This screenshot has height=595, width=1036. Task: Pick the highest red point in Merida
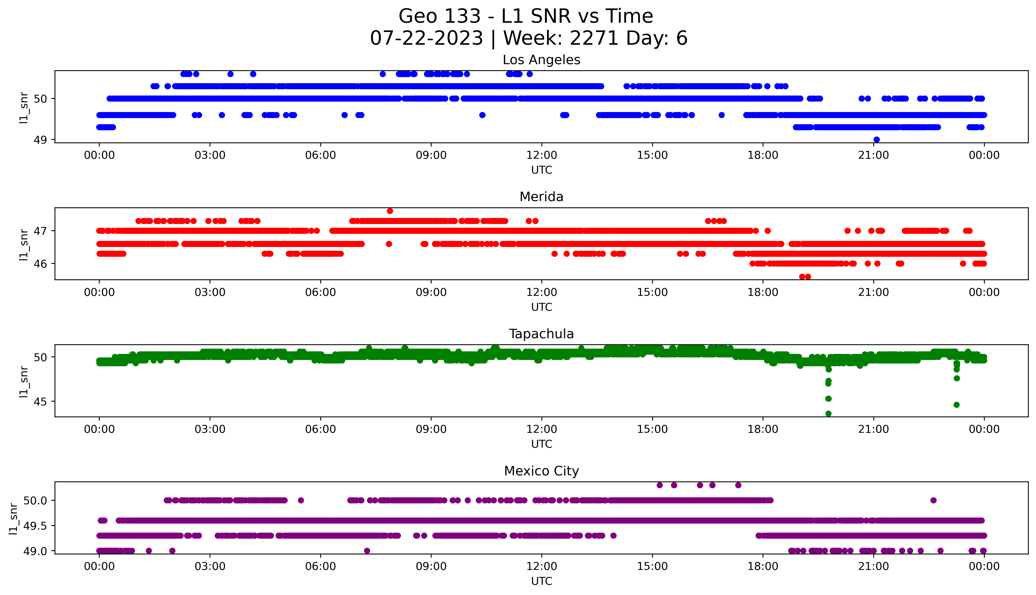(x=390, y=211)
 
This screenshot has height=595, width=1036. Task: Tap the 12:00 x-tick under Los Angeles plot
(x=541, y=155)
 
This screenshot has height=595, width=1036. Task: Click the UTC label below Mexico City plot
(x=541, y=581)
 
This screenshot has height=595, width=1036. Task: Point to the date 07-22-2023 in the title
(x=427, y=38)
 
